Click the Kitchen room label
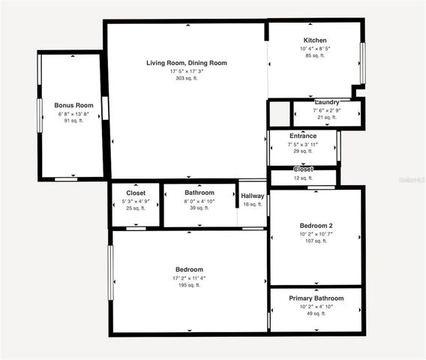point(315,40)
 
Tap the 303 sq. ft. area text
point(186,79)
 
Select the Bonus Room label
point(72,105)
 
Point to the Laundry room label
point(326,102)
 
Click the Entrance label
point(303,136)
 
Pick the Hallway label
point(253,196)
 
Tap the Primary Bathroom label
point(316,298)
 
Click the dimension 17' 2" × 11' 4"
point(189,277)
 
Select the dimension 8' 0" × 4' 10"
point(199,200)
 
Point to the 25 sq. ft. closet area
point(136,208)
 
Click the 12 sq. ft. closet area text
point(303,178)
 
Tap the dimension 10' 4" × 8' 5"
point(315,48)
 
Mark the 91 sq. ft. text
point(72,121)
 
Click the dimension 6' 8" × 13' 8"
point(72,113)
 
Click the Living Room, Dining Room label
point(186,63)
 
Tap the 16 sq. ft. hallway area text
point(253,204)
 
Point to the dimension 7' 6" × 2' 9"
point(326,110)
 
